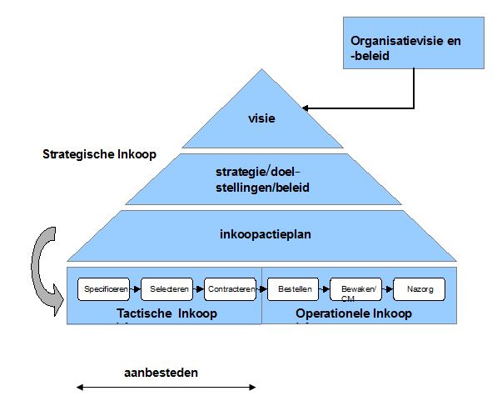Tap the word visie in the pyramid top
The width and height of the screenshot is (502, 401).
262,118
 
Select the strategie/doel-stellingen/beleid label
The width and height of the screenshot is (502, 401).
261,180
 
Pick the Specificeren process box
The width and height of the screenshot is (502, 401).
104,288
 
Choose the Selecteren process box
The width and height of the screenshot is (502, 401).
167,288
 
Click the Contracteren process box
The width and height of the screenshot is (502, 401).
230,288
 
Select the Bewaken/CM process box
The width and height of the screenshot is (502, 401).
355,289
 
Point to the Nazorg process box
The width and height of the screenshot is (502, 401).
419,288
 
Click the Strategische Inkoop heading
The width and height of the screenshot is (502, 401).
99,154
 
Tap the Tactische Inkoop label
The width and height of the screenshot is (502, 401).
167,313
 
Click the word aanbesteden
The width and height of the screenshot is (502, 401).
161,373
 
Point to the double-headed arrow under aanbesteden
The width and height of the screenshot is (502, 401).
166,387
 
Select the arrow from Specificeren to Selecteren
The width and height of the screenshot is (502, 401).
135,288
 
